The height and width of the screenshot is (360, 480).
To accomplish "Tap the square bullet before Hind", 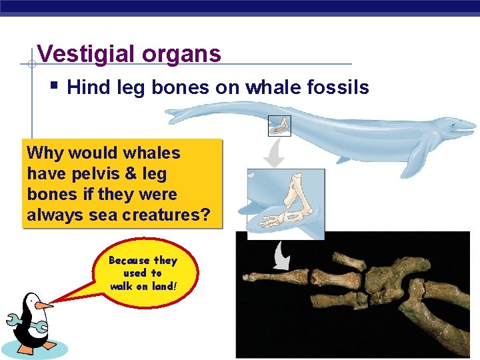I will [55, 86].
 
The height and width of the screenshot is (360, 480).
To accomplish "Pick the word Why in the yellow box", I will [42, 153].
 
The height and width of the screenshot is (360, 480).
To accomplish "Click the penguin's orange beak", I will [44, 305].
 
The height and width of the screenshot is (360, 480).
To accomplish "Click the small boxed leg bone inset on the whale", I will [279, 125].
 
